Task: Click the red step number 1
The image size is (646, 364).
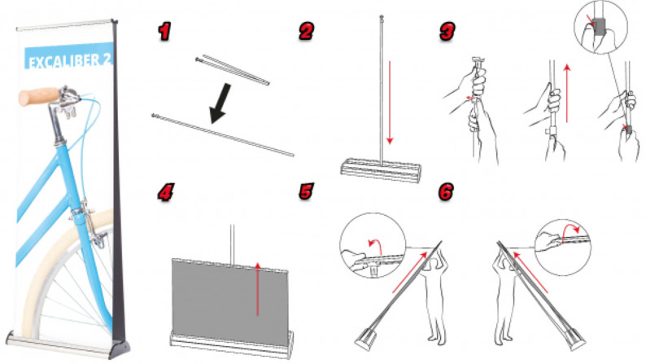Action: pos(165,31)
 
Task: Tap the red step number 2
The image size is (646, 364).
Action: pos(306,31)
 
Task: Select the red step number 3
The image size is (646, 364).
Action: pos(447,31)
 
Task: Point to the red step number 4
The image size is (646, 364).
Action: pos(166,191)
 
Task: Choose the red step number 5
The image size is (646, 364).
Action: pos(307,191)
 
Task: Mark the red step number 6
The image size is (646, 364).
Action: pos(447,191)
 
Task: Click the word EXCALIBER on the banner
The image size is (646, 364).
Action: pos(63,62)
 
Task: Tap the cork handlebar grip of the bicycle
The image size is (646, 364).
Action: pos(39,96)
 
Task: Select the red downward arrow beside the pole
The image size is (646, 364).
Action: pos(390,103)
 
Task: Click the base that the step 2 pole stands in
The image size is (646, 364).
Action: pos(381,169)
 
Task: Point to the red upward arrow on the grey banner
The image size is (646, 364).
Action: pos(257,289)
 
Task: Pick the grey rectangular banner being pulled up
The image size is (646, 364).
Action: pos(230,301)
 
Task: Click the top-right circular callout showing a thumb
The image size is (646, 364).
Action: pos(600,27)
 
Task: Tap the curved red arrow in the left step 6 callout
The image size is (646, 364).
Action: pos(375,246)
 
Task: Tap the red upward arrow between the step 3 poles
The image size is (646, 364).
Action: pos(567,93)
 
